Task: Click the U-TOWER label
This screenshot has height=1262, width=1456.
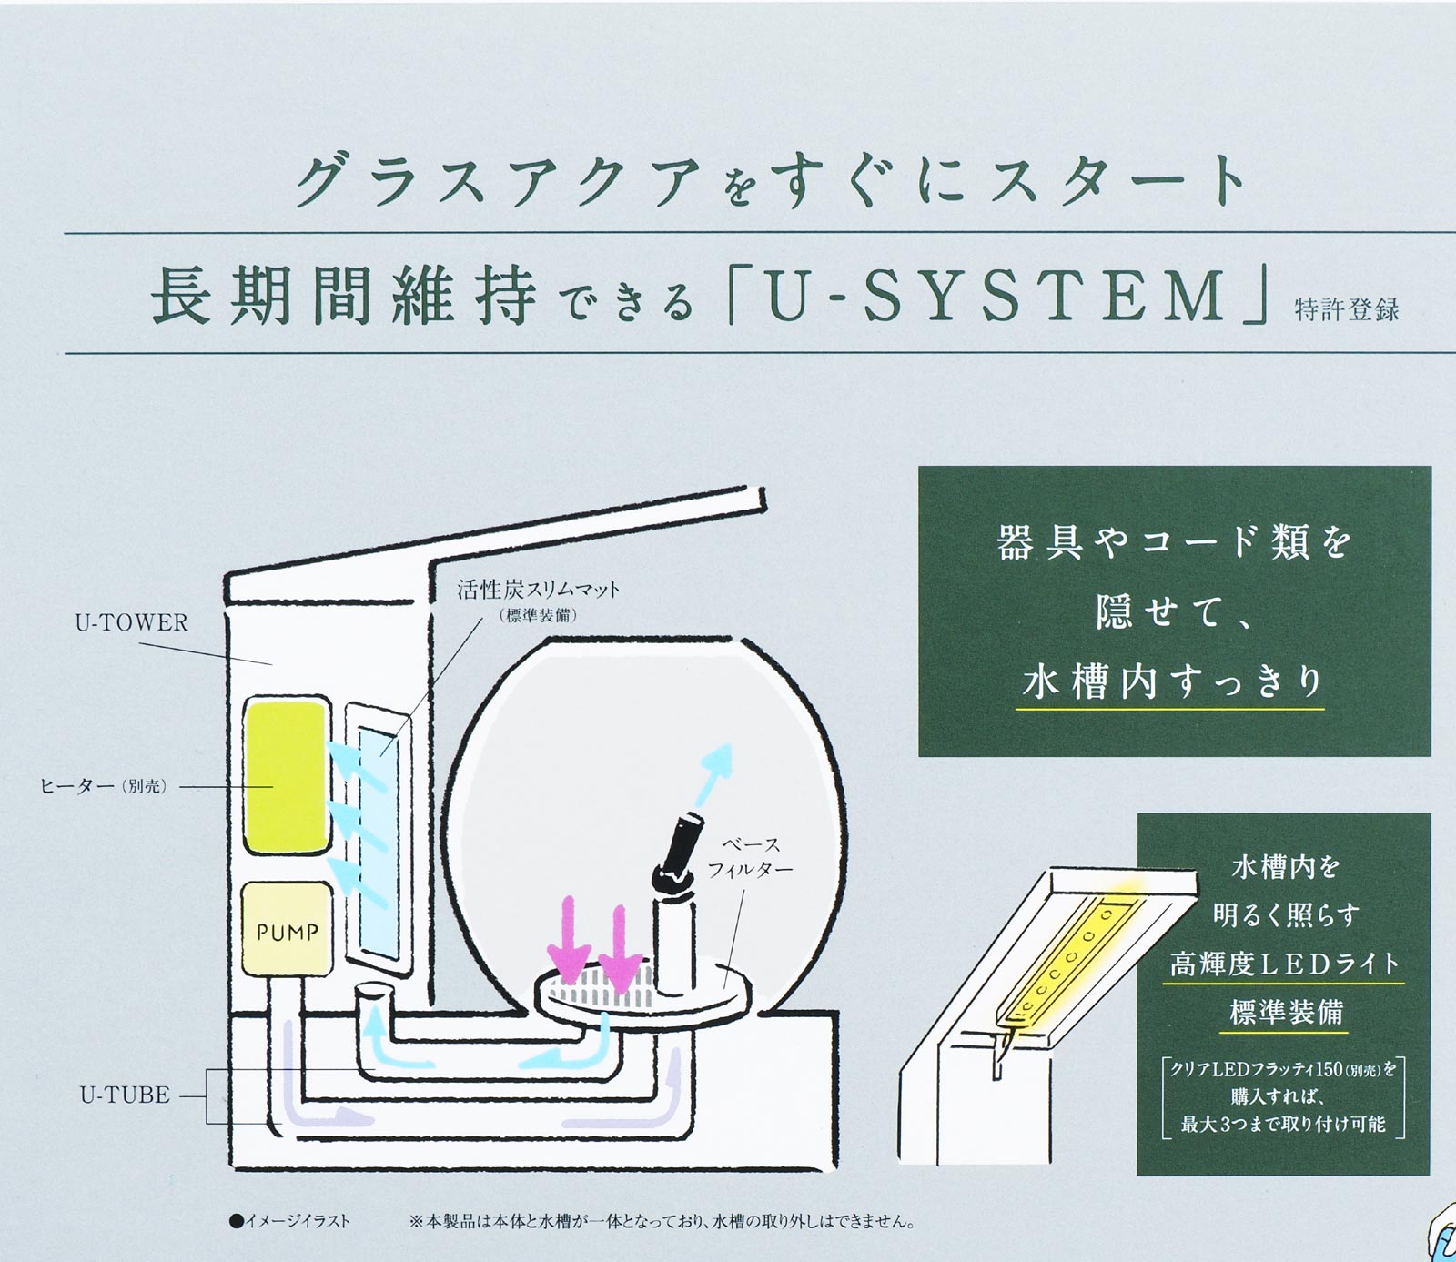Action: (131, 622)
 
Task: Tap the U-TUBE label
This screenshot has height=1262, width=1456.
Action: (125, 1095)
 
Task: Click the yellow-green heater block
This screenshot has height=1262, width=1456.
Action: (286, 776)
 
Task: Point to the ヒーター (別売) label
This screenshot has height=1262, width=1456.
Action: (103, 786)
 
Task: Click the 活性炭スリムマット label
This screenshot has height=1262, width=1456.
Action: (538, 590)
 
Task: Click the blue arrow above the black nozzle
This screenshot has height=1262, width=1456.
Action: (713, 772)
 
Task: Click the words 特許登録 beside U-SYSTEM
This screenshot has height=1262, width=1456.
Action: (1347, 309)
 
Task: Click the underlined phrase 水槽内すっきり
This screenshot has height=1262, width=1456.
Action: (1172, 681)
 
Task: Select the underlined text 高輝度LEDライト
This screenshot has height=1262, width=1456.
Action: (1285, 964)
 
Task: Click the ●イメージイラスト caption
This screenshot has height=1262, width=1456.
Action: (289, 1221)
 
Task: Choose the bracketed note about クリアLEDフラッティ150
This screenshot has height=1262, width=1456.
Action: (1283, 1096)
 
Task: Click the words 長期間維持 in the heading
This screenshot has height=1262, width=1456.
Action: (343, 297)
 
